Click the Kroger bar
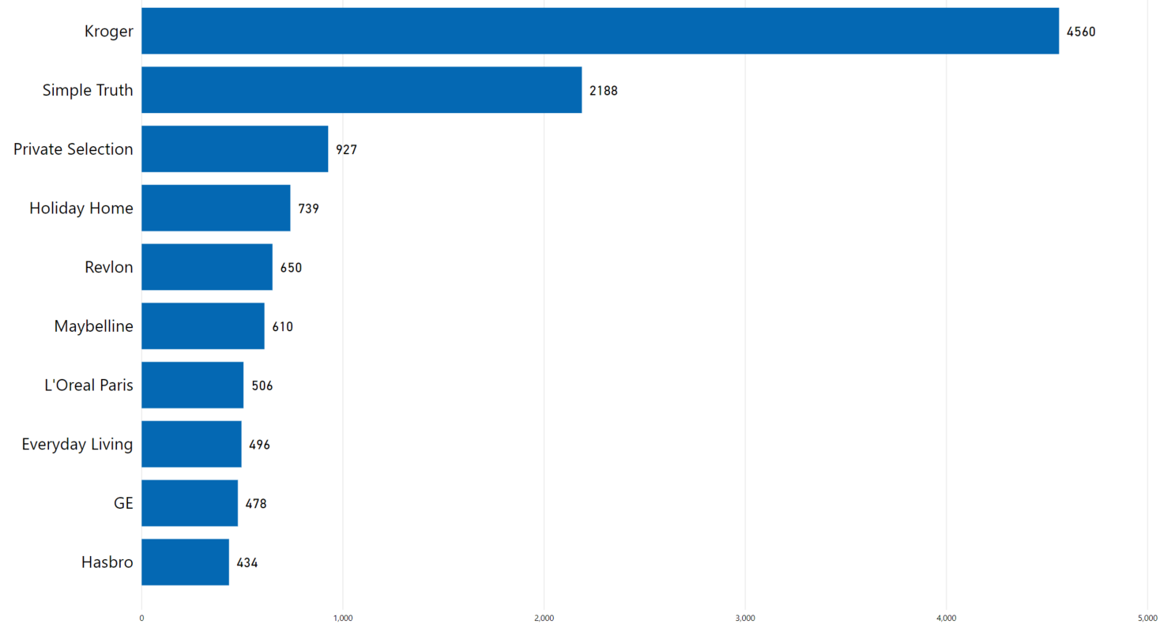600,32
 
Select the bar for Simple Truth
361,90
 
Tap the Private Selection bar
235,149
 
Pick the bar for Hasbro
185,562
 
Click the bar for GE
190,503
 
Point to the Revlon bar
207,267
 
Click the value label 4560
1081,32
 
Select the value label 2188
604,91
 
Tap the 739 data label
308,209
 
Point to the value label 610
283,326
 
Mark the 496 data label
259,445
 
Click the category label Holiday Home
81,209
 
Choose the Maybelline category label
93,326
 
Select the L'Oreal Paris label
89,385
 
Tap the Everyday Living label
77,445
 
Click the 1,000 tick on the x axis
343,617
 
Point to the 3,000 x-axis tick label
745,617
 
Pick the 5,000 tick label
1147,617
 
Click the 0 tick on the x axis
141,617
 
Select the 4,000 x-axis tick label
947,617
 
